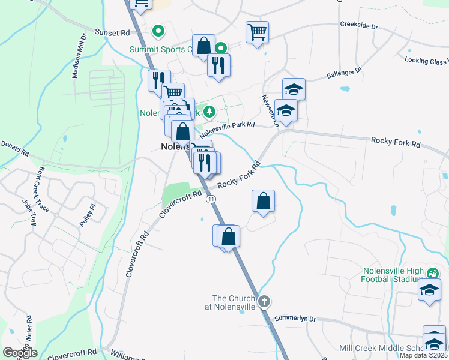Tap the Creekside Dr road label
click(358, 27)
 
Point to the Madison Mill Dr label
click(79, 55)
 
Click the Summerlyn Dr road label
click(295, 319)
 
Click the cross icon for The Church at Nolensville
click(264, 302)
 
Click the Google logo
click(20, 353)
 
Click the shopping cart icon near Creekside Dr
click(257, 32)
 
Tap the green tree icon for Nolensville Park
click(209, 112)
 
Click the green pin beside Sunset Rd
click(158, 30)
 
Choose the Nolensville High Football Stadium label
click(393, 275)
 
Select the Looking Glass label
click(426, 61)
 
